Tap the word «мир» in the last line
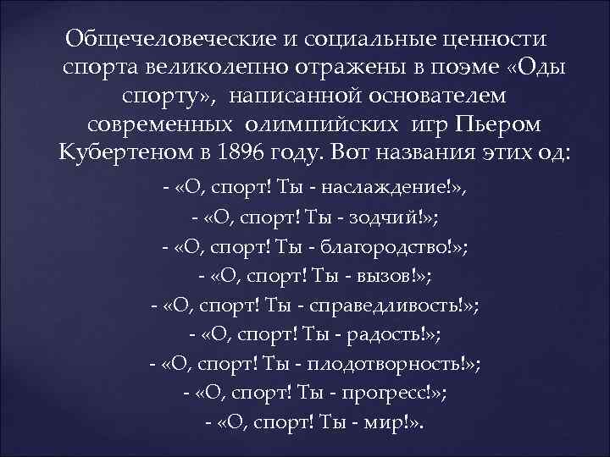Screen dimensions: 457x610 [x=380, y=424]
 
